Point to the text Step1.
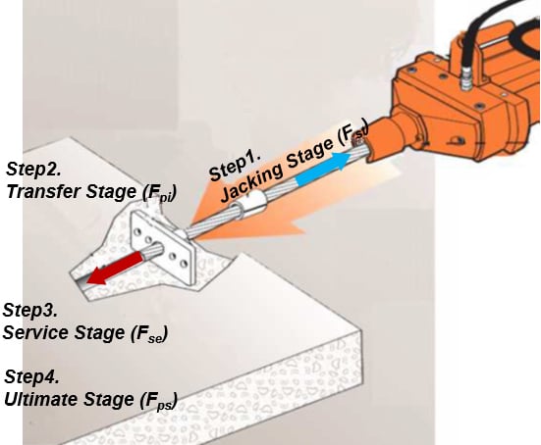tap(235, 164)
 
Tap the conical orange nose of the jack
tap(388, 147)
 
